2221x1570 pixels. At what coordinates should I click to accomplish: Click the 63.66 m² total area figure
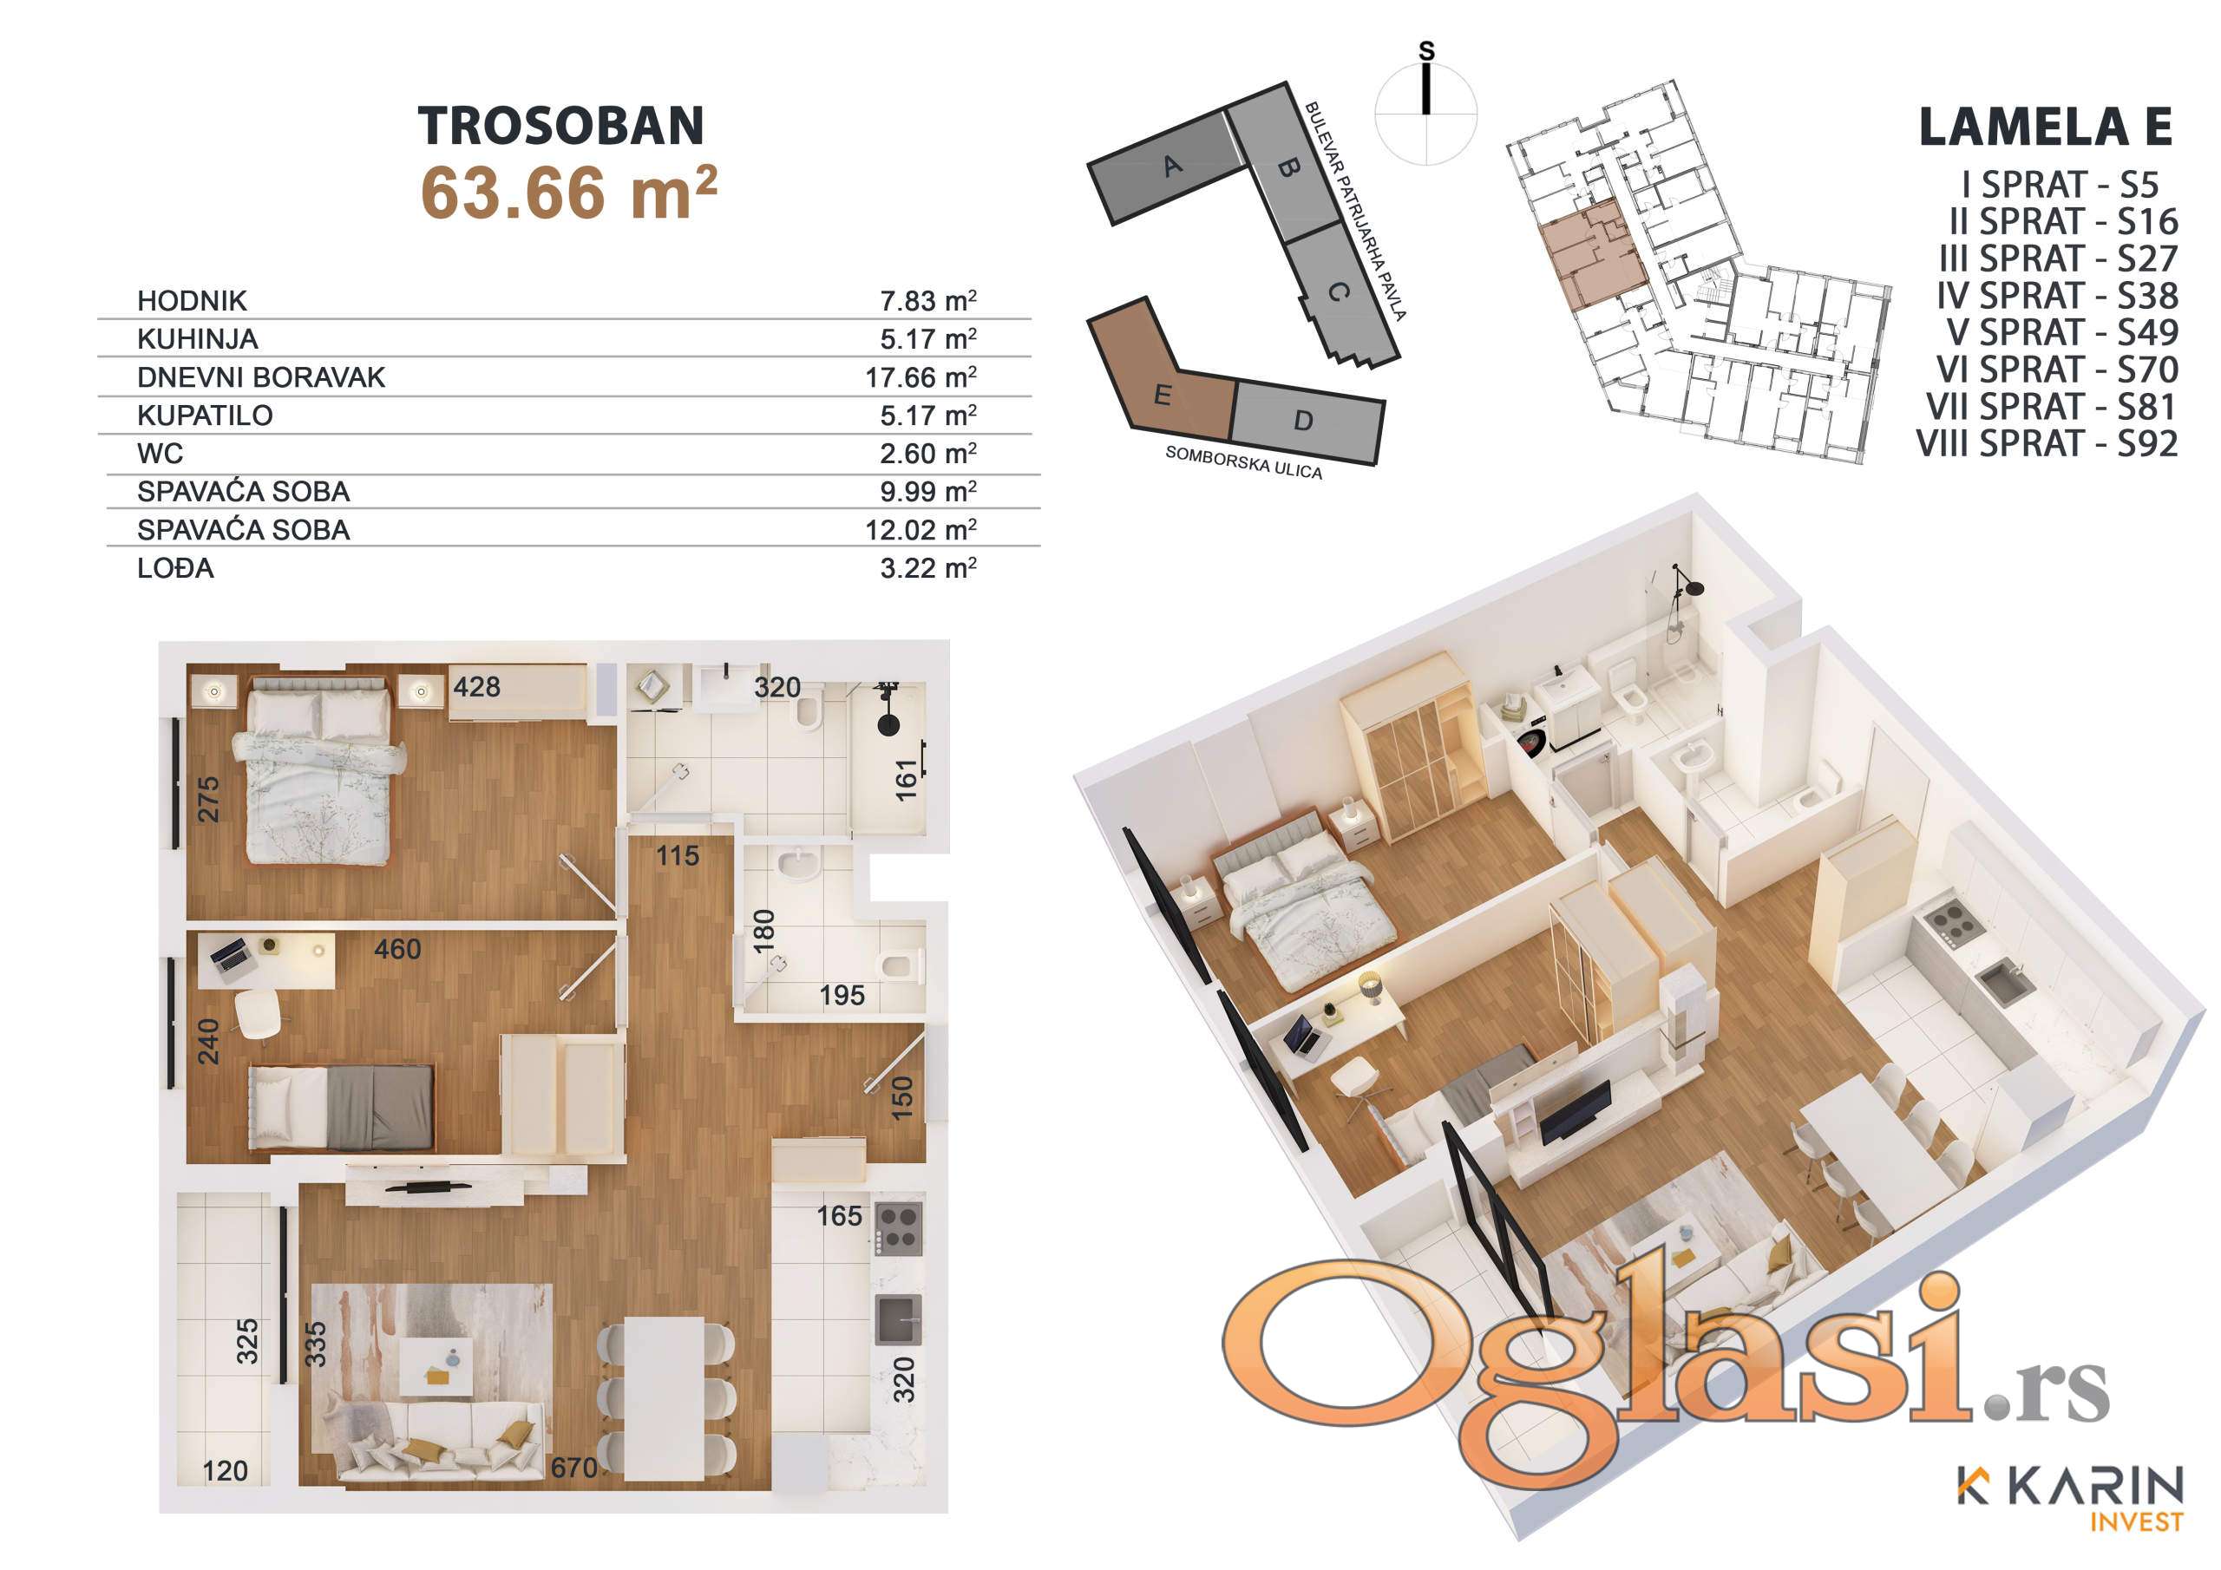coord(569,193)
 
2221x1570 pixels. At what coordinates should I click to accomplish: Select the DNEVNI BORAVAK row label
coord(261,377)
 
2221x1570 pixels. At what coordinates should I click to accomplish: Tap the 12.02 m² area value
coord(921,530)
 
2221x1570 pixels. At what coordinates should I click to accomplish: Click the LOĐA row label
coord(175,568)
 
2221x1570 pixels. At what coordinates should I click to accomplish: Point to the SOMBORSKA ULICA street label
coord(1243,462)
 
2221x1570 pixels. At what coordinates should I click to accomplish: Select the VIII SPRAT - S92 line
coord(2047,444)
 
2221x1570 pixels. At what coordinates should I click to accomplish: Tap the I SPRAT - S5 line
coord(2060,185)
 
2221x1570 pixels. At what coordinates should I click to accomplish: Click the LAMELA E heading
coord(2046,127)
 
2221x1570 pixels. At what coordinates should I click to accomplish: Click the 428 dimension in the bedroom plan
coord(477,687)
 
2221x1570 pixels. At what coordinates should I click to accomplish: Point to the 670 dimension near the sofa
coord(573,1468)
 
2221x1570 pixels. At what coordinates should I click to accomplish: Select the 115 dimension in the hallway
coord(677,855)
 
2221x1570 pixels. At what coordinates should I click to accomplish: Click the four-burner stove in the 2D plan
coord(898,1227)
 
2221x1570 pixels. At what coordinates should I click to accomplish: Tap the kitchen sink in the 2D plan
coord(898,1319)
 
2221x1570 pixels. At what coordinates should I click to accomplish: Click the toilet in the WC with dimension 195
coord(901,965)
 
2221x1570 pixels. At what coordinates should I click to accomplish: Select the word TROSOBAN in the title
coord(561,126)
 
